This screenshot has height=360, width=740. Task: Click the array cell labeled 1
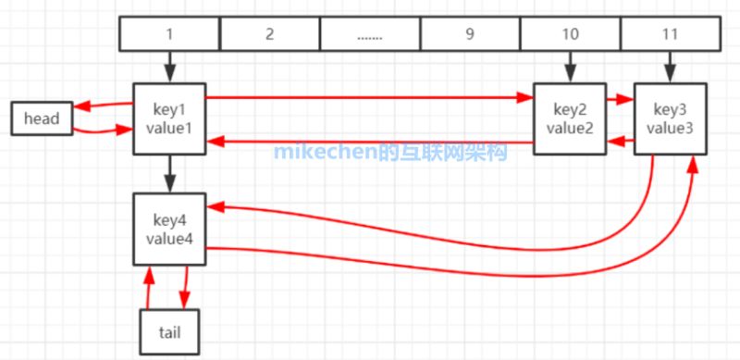(170, 34)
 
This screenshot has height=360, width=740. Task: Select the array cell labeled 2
(269, 34)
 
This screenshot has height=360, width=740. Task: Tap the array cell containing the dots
(370, 34)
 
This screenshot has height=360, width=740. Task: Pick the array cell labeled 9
(470, 34)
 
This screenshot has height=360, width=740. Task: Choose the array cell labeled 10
(570, 34)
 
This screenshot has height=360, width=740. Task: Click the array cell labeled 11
(670, 34)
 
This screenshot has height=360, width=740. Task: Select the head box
(42, 118)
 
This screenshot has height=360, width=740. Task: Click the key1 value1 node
(168, 118)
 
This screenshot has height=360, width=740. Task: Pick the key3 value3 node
(670, 118)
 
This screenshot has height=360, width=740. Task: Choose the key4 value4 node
(168, 229)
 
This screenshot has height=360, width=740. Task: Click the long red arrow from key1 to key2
(370, 95)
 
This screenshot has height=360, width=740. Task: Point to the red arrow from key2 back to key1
(370, 142)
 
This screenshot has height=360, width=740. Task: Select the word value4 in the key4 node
(168, 238)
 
